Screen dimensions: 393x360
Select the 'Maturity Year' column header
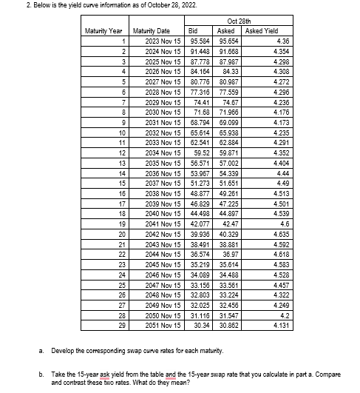(104, 30)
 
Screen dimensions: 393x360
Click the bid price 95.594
(196, 40)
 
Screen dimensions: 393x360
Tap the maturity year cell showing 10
(115, 132)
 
